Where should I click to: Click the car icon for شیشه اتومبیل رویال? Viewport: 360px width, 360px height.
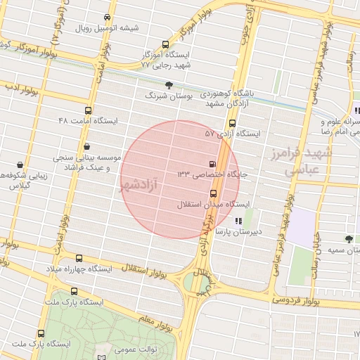[106, 17]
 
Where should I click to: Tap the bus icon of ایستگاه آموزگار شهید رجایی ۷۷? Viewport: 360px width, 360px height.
[165, 44]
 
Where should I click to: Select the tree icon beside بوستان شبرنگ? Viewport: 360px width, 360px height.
[168, 85]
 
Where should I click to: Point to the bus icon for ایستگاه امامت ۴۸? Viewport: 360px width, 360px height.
[88, 110]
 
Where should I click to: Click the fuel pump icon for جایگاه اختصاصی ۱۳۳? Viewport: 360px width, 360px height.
[213, 164]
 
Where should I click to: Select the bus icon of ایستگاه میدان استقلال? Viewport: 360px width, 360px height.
[213, 193]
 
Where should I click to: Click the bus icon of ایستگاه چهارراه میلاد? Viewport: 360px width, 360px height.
[79, 259]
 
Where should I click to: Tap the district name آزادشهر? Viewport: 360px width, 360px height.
[137, 185]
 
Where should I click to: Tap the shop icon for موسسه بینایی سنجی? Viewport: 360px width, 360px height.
[86, 147]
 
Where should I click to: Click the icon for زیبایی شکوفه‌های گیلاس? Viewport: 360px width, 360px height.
[20, 165]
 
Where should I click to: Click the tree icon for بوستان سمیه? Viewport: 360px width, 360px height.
[349, 239]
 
